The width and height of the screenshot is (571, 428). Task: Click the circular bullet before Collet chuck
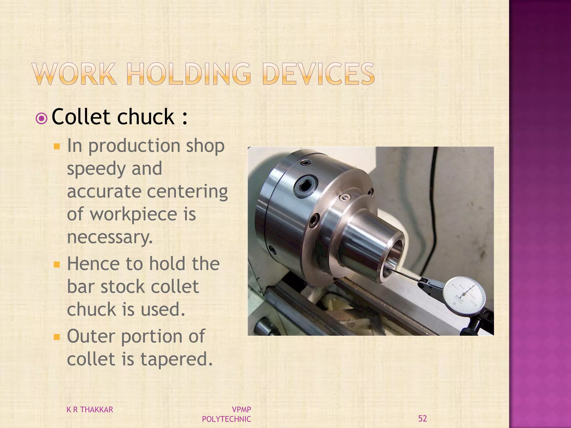pyautogui.click(x=42, y=119)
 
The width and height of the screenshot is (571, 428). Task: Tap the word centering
pyautogui.click(x=187, y=192)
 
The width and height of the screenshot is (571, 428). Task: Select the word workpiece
pyautogui.click(x=134, y=215)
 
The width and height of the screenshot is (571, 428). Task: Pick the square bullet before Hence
pyautogui.click(x=57, y=264)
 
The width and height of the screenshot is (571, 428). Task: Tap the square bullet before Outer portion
pyautogui.click(x=57, y=337)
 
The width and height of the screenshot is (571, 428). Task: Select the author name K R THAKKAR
pyautogui.click(x=90, y=410)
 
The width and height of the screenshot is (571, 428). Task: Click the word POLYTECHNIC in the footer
pyautogui.click(x=226, y=419)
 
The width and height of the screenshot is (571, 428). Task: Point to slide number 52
pyautogui.click(x=422, y=419)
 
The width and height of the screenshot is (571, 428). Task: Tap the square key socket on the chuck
pyautogui.click(x=306, y=186)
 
